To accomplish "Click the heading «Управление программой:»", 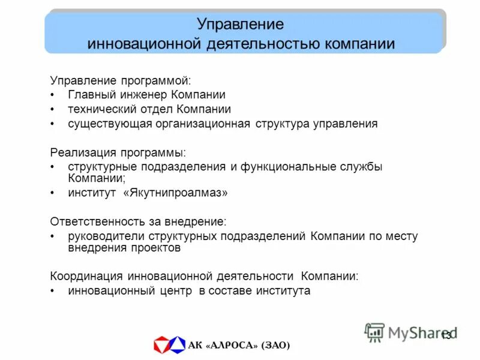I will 120,80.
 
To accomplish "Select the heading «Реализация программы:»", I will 118,153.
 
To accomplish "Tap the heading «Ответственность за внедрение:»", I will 138,221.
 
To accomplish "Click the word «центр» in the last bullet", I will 175,291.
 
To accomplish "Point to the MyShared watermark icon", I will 375,332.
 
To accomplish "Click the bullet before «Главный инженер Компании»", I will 53,95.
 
